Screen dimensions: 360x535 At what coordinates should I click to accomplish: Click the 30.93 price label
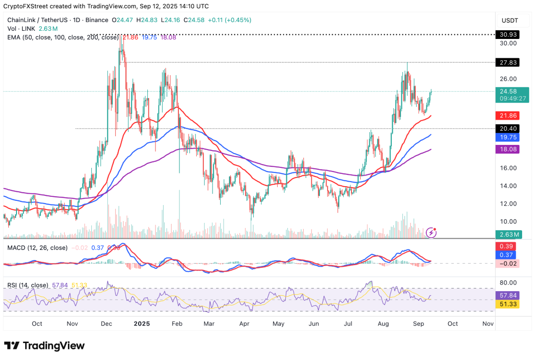pyautogui.click(x=509, y=34)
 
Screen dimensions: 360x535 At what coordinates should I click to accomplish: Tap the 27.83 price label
pyautogui.click(x=509, y=62)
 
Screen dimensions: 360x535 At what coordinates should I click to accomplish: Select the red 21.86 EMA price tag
pyautogui.click(x=509, y=116)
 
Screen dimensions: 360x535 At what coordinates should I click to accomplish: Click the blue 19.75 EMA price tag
pyautogui.click(x=509, y=137)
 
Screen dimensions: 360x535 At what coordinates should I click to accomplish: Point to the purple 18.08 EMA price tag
pyautogui.click(x=509, y=149)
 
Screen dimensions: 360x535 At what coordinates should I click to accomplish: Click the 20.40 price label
pyautogui.click(x=509, y=129)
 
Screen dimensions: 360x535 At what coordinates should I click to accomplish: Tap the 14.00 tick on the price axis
pyautogui.click(x=508, y=186)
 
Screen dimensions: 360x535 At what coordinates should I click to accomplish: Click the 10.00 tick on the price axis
pyautogui.click(x=508, y=221)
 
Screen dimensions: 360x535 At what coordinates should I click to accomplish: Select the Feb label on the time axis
pyautogui.click(x=177, y=323)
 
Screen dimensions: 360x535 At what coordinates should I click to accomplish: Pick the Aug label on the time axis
pyautogui.click(x=383, y=323)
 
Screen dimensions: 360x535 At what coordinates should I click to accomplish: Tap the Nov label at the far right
pyautogui.click(x=488, y=323)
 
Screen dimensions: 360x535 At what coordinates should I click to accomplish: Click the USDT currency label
pyautogui.click(x=509, y=20)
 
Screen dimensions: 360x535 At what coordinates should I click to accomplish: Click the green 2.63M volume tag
pyautogui.click(x=509, y=235)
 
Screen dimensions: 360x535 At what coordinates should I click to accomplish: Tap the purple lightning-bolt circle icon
pyautogui.click(x=431, y=233)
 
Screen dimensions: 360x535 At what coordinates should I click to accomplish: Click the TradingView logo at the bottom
pyautogui.click(x=45, y=345)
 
